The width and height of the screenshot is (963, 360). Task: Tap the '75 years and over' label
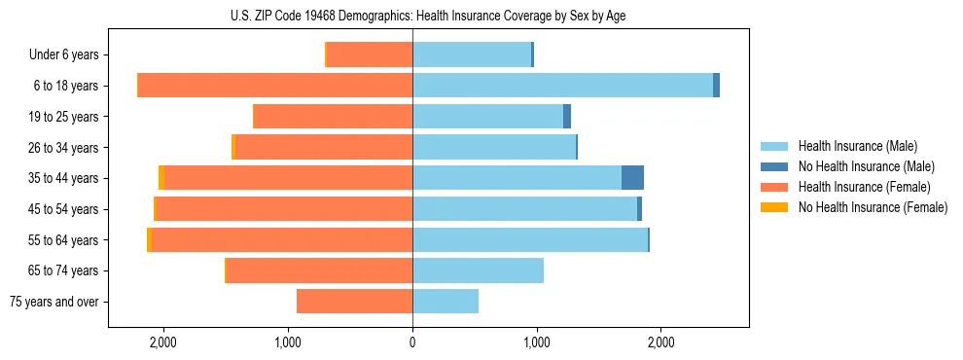coord(54,302)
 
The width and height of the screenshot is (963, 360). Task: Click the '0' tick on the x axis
coord(412,343)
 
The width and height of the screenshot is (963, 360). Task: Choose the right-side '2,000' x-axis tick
coord(660,343)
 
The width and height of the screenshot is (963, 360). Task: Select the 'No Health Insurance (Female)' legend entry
coord(873,207)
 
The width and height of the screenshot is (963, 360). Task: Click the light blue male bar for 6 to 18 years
coord(562,86)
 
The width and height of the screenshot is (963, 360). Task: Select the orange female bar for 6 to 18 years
coord(275,86)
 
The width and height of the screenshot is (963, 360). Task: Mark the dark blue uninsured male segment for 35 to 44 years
coord(632,178)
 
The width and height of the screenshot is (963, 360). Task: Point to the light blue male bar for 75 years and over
coord(446,302)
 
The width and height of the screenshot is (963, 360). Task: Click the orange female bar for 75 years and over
coord(355,302)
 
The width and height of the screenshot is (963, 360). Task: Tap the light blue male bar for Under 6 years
coord(472,54)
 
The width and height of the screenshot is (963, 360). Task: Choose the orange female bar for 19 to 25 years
coord(333,117)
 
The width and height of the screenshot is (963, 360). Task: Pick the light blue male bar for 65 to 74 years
coord(478,270)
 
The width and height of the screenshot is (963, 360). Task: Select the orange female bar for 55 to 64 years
coord(282,239)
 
